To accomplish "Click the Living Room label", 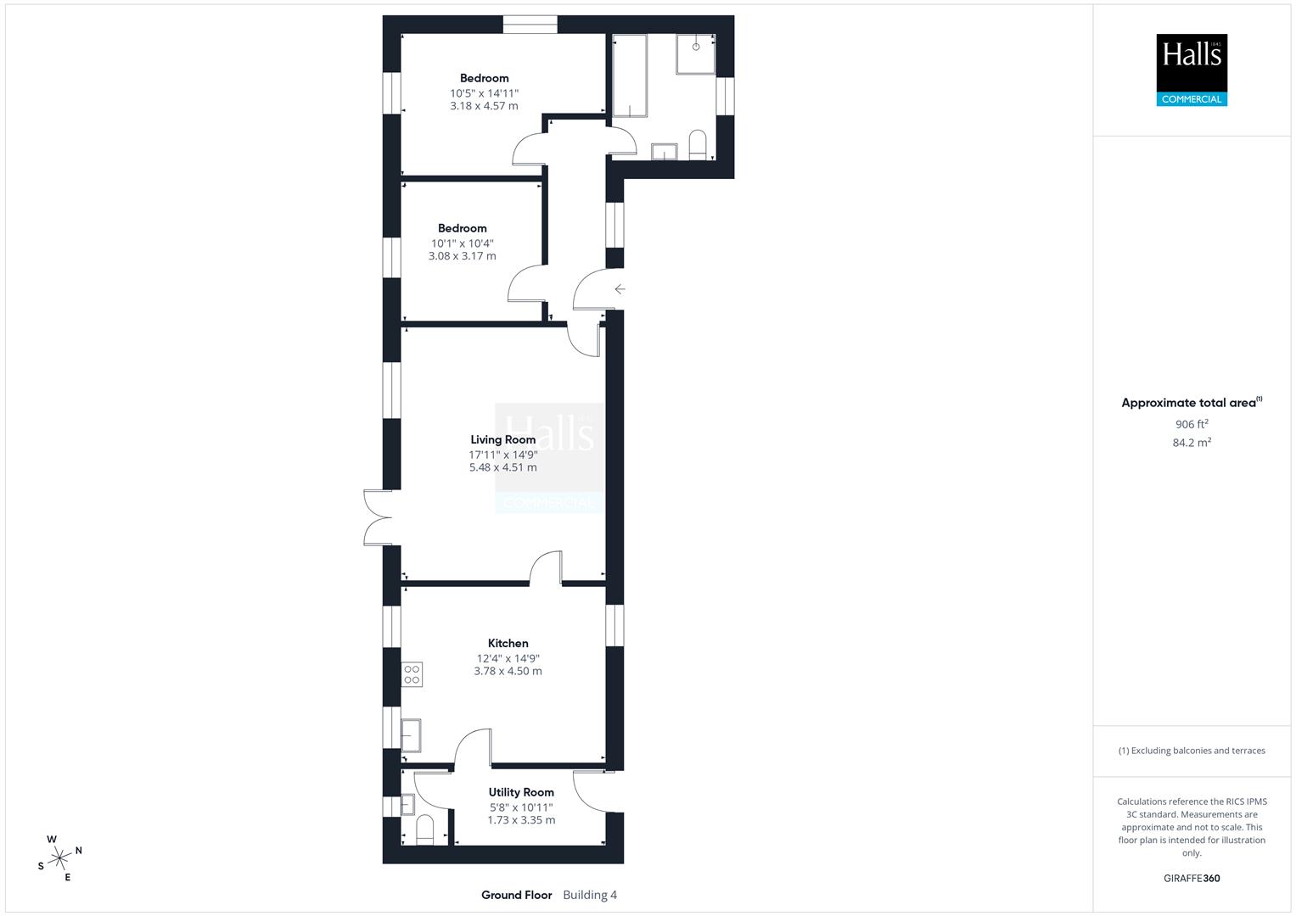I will (x=503, y=439).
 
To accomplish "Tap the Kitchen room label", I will (x=508, y=643).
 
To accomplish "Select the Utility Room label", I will (x=521, y=792).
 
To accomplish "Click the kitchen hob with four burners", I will (x=412, y=674).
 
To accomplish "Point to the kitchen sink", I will (x=411, y=734).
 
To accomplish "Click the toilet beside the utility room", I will (x=425, y=829).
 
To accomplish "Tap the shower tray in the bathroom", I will (x=695, y=53).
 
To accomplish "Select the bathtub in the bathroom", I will (x=629, y=75).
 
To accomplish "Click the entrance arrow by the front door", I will (x=620, y=289).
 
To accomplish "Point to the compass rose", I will (x=59, y=857).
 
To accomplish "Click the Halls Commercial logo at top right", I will (x=1192, y=70).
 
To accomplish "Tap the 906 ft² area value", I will (x=1192, y=424).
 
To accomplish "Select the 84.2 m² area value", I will (x=1192, y=442).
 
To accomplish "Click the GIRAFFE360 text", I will (x=1192, y=878).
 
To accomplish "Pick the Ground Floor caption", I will (x=516, y=895).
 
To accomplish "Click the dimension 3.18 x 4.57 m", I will (x=484, y=106).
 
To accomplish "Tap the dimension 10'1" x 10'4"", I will (x=462, y=243).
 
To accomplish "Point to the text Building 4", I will (x=590, y=895).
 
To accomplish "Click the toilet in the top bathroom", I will (x=698, y=145).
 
